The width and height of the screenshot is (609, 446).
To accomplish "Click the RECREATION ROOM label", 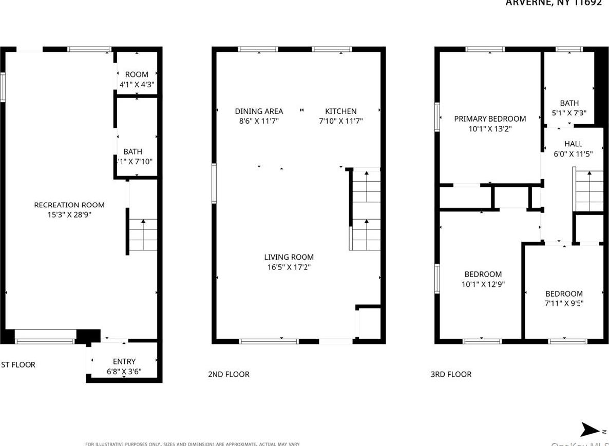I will click(x=69, y=205).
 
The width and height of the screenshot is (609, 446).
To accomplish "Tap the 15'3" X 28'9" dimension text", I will click(x=69, y=215).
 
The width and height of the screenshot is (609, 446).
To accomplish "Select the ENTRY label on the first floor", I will click(x=124, y=361).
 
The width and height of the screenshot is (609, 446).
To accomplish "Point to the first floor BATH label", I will click(x=132, y=151).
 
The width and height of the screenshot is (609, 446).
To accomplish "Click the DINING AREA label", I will click(x=259, y=111).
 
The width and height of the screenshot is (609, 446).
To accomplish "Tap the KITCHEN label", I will click(x=340, y=111).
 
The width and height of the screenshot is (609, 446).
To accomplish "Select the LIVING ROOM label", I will click(x=289, y=257).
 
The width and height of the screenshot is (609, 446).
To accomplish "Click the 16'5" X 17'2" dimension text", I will click(x=289, y=267).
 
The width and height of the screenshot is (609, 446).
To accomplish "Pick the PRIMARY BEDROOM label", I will click(x=490, y=119).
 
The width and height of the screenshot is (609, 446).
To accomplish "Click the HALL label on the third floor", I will click(x=573, y=144).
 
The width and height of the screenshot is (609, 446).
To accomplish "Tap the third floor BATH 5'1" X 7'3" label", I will click(x=569, y=108).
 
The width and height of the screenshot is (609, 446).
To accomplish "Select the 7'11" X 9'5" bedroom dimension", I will click(x=564, y=303).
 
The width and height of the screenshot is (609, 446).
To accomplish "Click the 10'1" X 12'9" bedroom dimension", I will click(x=483, y=284).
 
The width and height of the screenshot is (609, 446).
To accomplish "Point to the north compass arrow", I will click(x=590, y=430).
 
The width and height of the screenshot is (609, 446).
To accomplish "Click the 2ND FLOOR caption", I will click(x=229, y=374).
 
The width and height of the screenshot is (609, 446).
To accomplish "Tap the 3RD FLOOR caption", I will click(x=451, y=374).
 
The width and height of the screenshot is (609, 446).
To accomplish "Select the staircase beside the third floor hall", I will click(x=589, y=190).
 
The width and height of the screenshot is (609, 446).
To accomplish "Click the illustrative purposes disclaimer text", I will click(x=192, y=443).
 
